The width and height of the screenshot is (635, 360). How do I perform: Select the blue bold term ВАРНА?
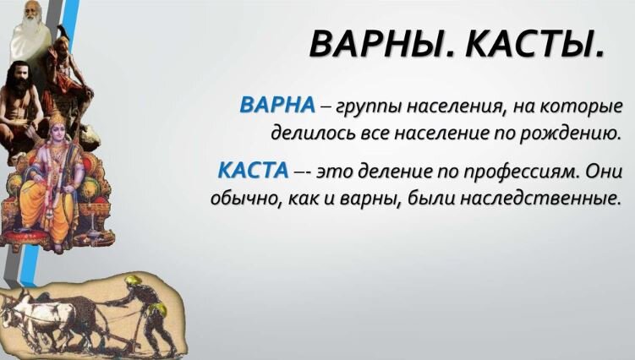[277, 106]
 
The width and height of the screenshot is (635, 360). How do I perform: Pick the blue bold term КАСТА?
[253, 170]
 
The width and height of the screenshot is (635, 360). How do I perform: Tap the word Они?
[602, 171]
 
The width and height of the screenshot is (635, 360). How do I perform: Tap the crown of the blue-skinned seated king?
[58, 119]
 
